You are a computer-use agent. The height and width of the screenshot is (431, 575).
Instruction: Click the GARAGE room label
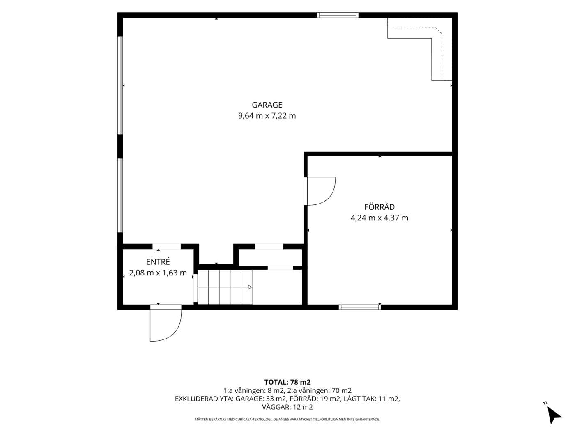(x=267, y=105)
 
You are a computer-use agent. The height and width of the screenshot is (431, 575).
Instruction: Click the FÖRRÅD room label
(x=379, y=207)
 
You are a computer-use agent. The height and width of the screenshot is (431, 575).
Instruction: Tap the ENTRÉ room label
(x=158, y=262)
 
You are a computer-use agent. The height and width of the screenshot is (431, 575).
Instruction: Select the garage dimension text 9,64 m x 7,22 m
(x=267, y=116)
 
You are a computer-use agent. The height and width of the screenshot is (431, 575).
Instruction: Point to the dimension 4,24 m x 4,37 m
(x=379, y=218)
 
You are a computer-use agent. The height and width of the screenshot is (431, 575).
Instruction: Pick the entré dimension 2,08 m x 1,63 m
(x=158, y=273)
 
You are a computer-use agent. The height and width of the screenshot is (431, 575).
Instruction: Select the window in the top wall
(x=338, y=15)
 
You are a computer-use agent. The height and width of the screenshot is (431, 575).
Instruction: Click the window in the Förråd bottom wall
(x=359, y=307)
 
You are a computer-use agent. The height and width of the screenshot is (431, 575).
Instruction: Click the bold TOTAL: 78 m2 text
(x=287, y=382)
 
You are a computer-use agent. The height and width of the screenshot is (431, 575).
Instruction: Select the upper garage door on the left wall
(x=120, y=85)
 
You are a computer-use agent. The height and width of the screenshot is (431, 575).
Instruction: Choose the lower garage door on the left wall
(x=120, y=195)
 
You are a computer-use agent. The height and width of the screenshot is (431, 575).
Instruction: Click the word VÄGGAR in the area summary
(x=276, y=407)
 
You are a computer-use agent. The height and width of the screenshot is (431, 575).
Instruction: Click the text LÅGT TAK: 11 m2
(x=372, y=399)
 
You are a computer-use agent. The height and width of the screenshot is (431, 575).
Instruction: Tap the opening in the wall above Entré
(x=167, y=247)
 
